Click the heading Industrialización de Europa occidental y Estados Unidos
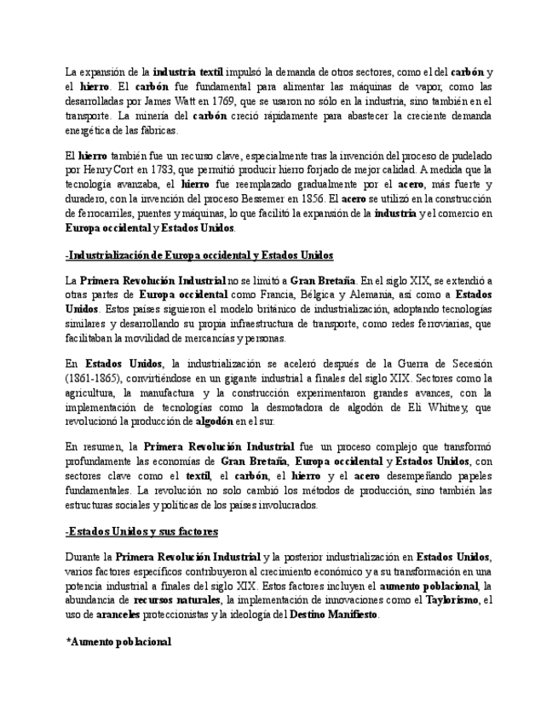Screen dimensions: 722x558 [x=199, y=255]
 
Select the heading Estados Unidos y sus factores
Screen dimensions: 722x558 [x=141, y=531]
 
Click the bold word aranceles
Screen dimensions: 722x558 [x=118, y=615]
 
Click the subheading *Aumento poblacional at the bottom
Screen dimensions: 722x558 [x=118, y=642]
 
